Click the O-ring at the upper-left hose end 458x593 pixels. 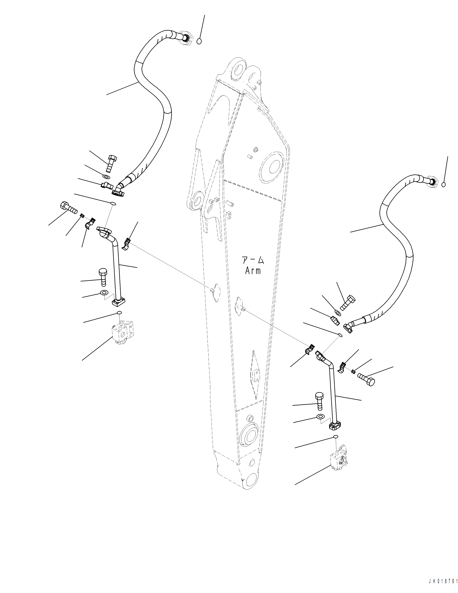(199, 41)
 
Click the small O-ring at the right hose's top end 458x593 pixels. (443, 185)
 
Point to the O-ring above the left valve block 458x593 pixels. (119, 313)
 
